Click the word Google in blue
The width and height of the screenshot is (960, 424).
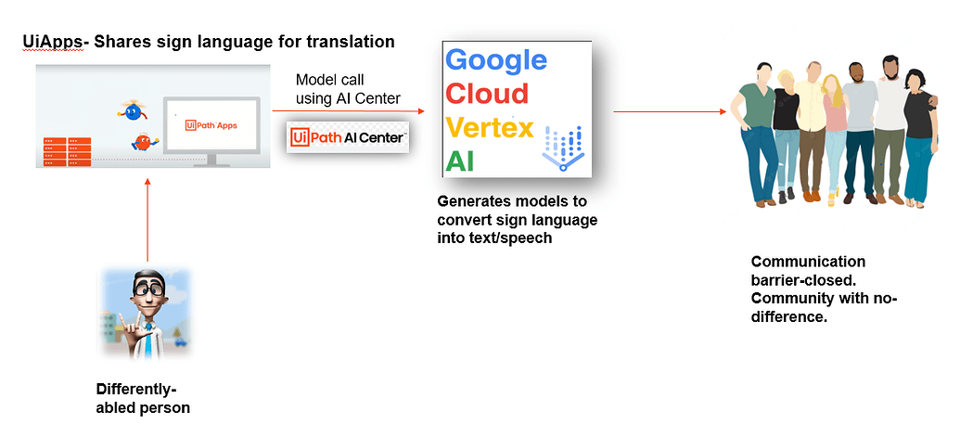click(496, 60)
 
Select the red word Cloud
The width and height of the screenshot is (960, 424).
click(487, 94)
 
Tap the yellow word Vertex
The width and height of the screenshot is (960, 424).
click(490, 126)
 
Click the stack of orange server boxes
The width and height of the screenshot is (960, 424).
click(66, 151)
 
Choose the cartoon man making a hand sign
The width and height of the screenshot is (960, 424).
click(147, 311)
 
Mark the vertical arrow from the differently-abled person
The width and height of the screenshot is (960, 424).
click(147, 218)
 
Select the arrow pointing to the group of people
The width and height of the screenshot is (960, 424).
click(669, 112)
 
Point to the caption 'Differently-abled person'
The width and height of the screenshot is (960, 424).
click(143, 398)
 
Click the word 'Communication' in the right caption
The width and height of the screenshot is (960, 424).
click(808, 262)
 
